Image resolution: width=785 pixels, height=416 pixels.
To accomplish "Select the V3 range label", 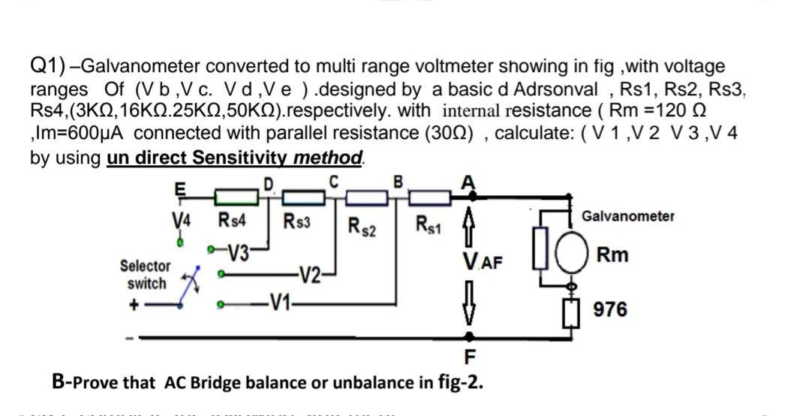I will [239, 251].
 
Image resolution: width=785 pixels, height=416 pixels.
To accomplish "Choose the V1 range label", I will [281, 304].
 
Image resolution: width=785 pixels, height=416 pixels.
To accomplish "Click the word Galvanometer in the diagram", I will [627, 216].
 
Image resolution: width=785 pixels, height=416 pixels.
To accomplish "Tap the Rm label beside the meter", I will [612, 255].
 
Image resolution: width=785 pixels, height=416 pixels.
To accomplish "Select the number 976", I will [610, 309].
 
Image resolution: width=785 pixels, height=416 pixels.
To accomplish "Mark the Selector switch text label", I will [145, 275].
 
